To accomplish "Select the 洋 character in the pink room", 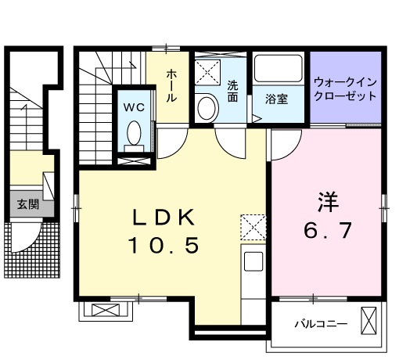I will tap(327, 201).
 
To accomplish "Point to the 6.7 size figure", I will tap(328, 231).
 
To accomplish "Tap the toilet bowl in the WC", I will tap(135, 132).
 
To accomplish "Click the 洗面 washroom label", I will tap(232, 92).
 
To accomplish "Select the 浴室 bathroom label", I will tap(275, 99).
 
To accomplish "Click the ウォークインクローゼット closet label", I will tap(345, 88).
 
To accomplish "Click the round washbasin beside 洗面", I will tap(207, 107).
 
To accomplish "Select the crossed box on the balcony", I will tap(370, 321).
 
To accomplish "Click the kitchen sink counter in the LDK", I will tap(255, 270).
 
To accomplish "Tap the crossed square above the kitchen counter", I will tap(253, 228).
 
